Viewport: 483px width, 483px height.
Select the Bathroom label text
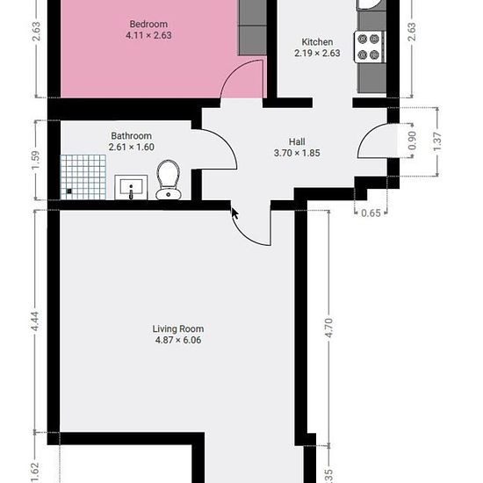[x=131, y=136]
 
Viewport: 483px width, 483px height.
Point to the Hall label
[x=297, y=141]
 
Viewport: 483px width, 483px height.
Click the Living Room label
[x=178, y=329]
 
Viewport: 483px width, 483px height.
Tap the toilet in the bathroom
[x=169, y=179]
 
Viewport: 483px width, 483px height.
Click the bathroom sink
[x=131, y=187]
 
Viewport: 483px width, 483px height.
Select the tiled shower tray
[x=83, y=177]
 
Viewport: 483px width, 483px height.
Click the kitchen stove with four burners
[x=370, y=47]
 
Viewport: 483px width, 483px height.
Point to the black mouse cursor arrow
[x=234, y=213]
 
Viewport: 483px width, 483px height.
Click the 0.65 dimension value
[x=371, y=213]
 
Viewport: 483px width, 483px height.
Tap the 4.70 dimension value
[x=329, y=328]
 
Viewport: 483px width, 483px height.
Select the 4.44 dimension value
[x=35, y=321]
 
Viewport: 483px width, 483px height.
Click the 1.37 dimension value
[x=437, y=141]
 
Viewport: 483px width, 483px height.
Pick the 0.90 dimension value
[x=412, y=141]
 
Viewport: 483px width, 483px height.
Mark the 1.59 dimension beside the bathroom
[x=35, y=160]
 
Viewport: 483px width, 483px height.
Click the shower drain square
[x=69, y=191]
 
